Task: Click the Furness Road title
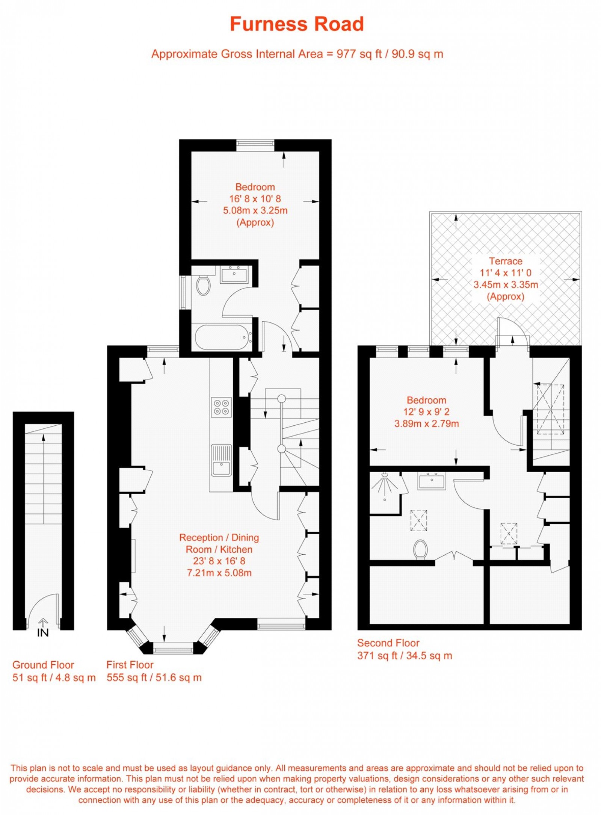pos(297,24)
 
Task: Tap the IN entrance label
pos(43,633)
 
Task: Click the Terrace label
pos(505,261)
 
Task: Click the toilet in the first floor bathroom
pos(203,285)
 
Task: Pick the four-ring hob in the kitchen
pos(221,407)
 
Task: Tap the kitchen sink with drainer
pos(221,460)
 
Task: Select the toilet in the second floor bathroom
pos(420,550)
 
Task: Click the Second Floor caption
pos(388,643)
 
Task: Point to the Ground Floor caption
pos(43,665)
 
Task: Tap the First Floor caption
pos(130,665)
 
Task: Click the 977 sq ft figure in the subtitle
pos(359,54)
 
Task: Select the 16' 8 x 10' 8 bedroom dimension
pos(255,198)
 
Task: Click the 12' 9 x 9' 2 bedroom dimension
pos(426,412)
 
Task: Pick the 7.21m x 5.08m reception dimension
pos(219,573)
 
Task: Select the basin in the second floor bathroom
pos(431,482)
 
